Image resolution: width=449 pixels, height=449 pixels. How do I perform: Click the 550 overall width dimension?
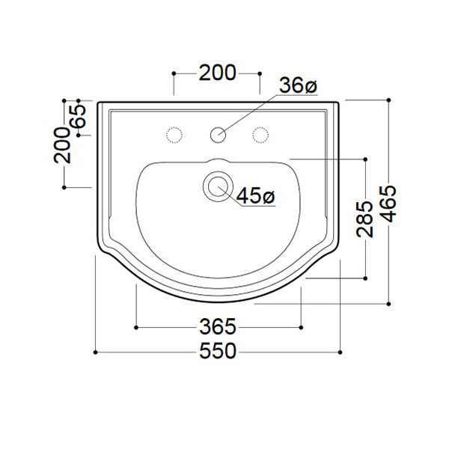pos(218,352)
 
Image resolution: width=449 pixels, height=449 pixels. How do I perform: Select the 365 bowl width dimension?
pos(218,327)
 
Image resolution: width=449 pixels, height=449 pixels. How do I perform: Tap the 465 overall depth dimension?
pos(388,204)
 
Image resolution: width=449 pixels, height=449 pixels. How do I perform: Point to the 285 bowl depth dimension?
pos(365,219)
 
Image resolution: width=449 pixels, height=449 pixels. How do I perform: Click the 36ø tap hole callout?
pos(298,85)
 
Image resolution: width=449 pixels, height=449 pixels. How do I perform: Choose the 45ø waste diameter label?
pos(255,196)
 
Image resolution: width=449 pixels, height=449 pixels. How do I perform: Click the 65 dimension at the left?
pos(79,116)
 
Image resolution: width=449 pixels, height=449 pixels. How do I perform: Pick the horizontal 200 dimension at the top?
pos(218,73)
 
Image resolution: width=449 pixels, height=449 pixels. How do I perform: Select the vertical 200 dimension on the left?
pos(62,145)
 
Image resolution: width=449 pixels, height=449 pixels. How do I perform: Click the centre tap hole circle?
pos(218,135)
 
